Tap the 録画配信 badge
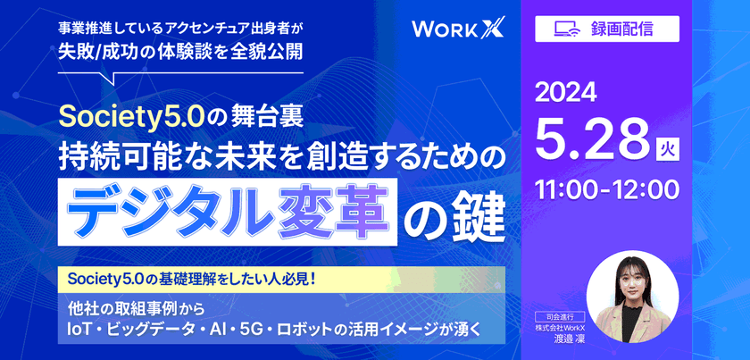606,28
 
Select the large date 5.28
591,137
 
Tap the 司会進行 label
563,315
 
